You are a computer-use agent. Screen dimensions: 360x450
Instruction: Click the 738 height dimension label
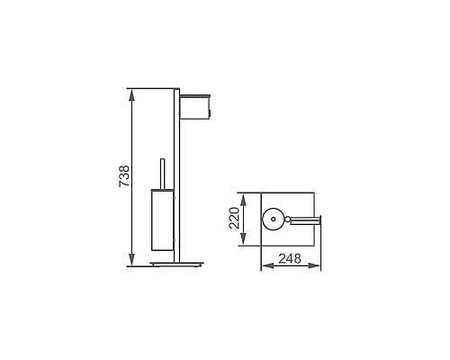tap(124, 177)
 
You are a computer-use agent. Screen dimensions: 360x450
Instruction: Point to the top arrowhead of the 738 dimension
tap(132, 92)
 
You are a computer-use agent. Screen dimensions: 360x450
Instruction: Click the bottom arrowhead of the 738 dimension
tap(132, 262)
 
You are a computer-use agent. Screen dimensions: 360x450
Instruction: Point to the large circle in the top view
tap(271, 218)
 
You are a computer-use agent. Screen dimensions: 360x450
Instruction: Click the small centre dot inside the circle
tap(271, 218)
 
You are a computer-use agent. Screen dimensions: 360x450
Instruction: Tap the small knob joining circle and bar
tap(286, 218)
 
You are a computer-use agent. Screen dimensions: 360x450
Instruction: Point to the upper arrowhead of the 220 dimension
tap(245, 195)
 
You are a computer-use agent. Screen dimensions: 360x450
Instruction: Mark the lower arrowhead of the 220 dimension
tap(245, 241)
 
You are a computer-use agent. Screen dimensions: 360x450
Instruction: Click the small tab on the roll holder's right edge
tap(213, 112)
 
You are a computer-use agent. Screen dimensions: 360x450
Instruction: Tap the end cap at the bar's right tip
tap(323, 218)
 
